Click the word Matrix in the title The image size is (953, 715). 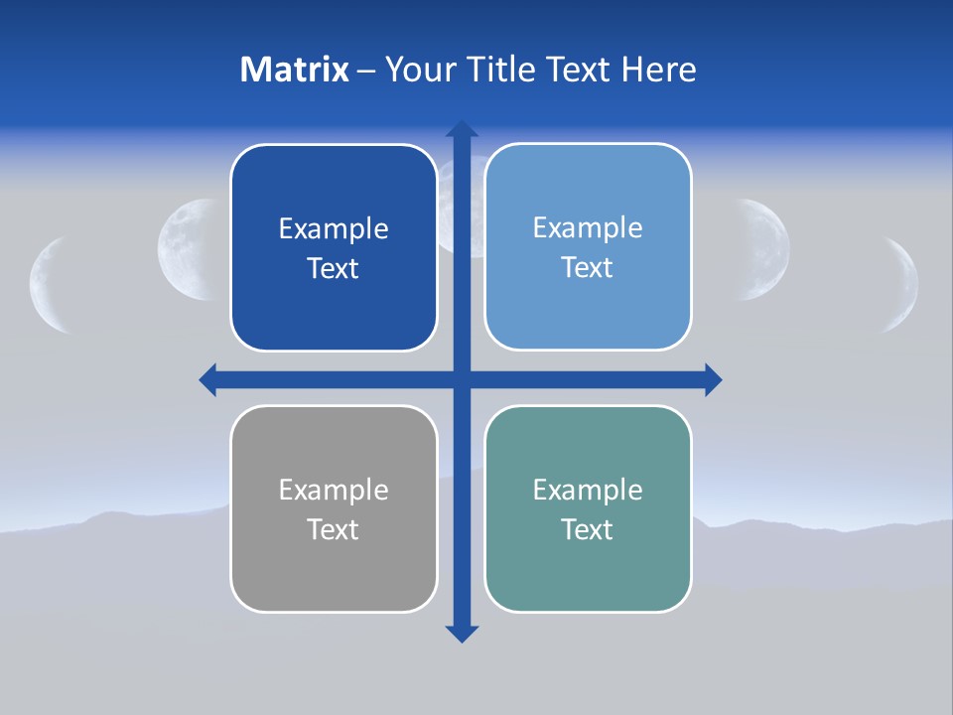tap(294, 70)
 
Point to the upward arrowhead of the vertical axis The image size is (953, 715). tap(461, 129)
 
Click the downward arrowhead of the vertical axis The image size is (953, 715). tap(461, 633)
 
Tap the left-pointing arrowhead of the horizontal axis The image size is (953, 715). tap(208, 379)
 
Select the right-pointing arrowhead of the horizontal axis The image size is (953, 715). tap(713, 379)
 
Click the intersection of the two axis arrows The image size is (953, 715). tap(461, 379)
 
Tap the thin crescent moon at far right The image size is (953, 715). tap(905, 284)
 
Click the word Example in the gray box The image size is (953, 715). tap(334, 490)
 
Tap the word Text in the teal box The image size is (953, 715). tap(588, 529)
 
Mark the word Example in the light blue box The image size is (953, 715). tap(588, 227)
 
